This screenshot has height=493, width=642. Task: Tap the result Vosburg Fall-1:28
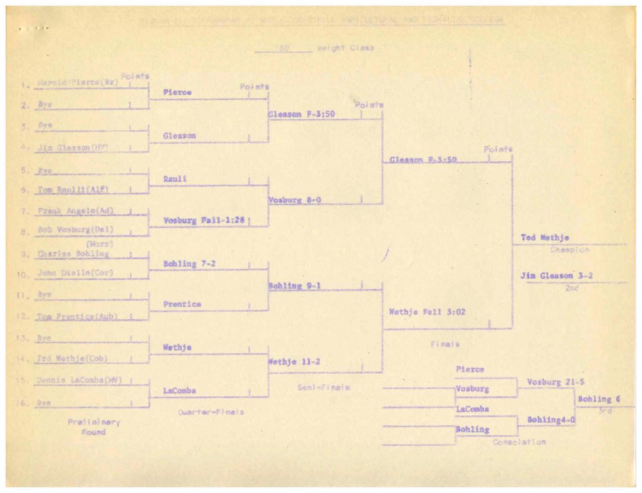pyautogui.click(x=203, y=221)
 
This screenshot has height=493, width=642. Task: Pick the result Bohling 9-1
pyautogui.click(x=294, y=286)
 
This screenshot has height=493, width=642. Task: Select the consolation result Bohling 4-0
pyautogui.click(x=549, y=420)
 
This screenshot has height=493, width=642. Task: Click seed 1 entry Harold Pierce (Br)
pyautogui.click(x=77, y=82)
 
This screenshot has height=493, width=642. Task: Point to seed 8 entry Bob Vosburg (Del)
pyautogui.click(x=75, y=230)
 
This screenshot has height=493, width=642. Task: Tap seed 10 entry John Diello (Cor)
pyautogui.click(x=75, y=273)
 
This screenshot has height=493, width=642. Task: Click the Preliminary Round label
pyautogui.click(x=93, y=427)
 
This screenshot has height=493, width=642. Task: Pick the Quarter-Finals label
pyautogui.click(x=211, y=412)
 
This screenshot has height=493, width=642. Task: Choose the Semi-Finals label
pyautogui.click(x=323, y=388)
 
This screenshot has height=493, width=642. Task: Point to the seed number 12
pyautogui.click(x=23, y=317)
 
